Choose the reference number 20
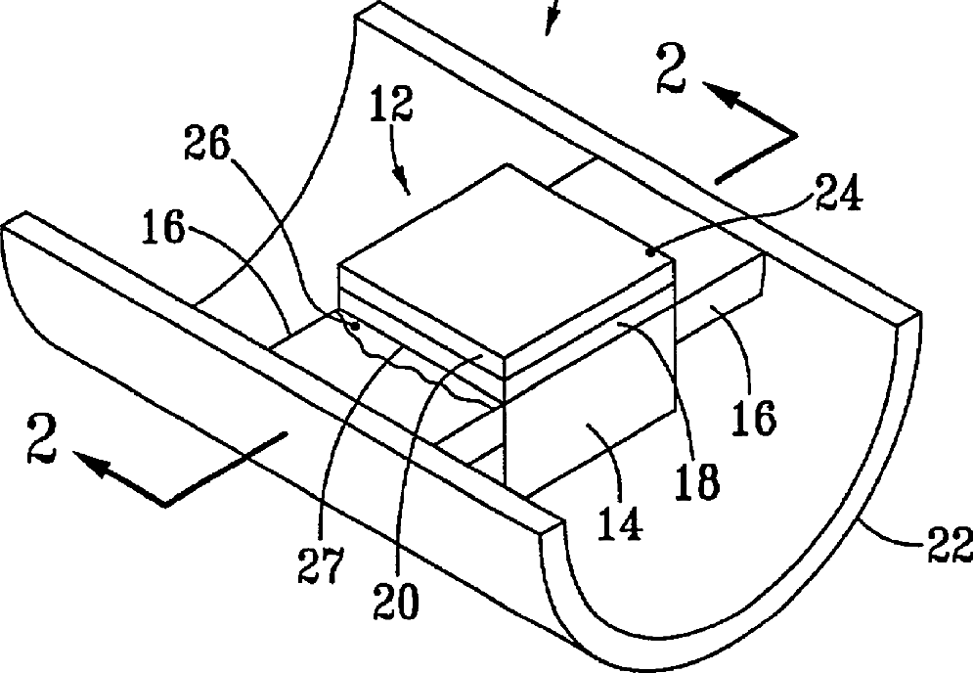[x=395, y=598]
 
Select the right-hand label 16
[x=753, y=416]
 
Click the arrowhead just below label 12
[x=403, y=179]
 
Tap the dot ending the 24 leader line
[x=651, y=251]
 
